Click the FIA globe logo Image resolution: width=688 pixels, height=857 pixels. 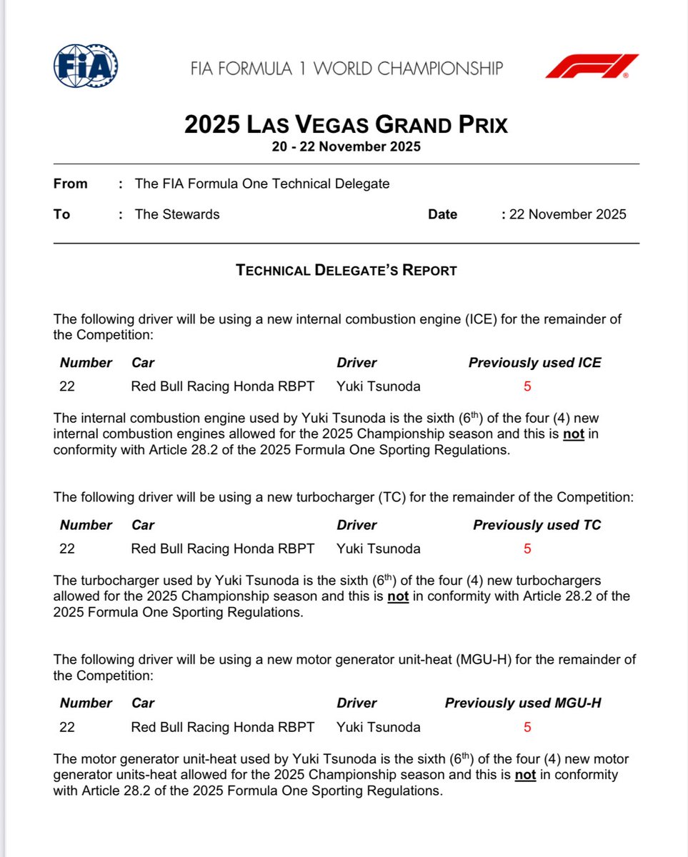pyautogui.click(x=86, y=66)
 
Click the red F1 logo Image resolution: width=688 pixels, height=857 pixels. pyautogui.click(x=592, y=66)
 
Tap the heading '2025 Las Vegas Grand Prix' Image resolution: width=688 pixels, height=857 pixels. pyautogui.click(x=346, y=125)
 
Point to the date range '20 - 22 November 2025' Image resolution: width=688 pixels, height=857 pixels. pyautogui.click(x=346, y=147)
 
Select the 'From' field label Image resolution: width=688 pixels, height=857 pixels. pyautogui.click(x=70, y=184)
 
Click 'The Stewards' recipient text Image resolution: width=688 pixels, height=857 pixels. pyautogui.click(x=177, y=214)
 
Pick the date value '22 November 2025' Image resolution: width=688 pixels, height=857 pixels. pyautogui.click(x=567, y=214)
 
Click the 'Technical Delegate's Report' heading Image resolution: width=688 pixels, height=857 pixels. pyautogui.click(x=346, y=271)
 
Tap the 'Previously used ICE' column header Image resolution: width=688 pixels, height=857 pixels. pyautogui.click(x=534, y=363)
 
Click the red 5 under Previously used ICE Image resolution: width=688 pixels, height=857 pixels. pyautogui.click(x=527, y=387)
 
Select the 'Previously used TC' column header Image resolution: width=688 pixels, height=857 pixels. pyautogui.click(x=537, y=525)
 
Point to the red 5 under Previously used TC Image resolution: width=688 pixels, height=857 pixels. pyautogui.click(x=527, y=549)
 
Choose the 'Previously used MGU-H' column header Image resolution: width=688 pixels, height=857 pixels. pyautogui.click(x=522, y=703)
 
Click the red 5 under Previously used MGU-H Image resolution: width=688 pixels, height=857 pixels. pyautogui.click(x=527, y=728)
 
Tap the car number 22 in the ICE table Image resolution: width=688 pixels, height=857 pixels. pyautogui.click(x=67, y=387)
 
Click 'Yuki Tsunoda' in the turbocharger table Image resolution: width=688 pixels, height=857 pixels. pyautogui.click(x=379, y=549)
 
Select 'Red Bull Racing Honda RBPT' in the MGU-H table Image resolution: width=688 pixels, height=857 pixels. pyautogui.click(x=222, y=728)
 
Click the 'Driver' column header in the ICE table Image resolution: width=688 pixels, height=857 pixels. pyautogui.click(x=357, y=363)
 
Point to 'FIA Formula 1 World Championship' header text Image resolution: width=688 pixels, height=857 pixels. pyautogui.click(x=347, y=69)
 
